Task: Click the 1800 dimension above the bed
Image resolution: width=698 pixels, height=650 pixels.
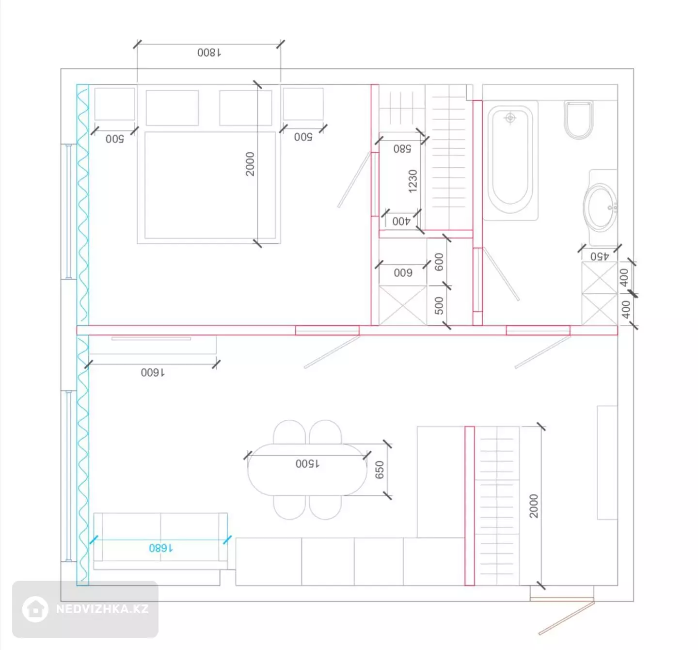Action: [209, 53]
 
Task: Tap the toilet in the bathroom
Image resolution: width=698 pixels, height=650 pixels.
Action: [578, 120]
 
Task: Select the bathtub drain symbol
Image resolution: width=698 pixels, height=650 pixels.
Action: [510, 118]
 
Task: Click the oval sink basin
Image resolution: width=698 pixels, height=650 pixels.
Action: [600, 207]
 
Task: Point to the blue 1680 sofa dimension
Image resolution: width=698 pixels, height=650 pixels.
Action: [160, 548]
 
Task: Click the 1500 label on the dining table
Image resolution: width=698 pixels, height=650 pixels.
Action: [307, 463]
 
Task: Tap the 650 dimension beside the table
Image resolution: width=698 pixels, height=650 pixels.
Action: [380, 470]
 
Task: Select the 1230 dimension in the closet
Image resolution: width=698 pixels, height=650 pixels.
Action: [412, 181]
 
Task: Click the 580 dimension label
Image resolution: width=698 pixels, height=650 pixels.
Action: [402, 149]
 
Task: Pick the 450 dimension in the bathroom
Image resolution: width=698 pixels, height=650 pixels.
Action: [599, 256]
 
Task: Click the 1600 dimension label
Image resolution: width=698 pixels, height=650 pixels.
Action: [153, 372]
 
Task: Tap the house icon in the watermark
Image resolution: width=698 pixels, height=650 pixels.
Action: [35, 609]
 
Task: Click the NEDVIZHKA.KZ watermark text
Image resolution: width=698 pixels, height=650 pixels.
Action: [102, 609]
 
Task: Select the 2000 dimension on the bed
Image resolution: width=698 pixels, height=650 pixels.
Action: [250, 164]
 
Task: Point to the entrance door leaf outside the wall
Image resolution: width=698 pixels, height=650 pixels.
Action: [567, 618]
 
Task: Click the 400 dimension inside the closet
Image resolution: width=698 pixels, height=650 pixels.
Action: [401, 221]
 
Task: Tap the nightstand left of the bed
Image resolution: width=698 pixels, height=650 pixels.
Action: [114, 104]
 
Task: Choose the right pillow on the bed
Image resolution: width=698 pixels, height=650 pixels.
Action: [246, 108]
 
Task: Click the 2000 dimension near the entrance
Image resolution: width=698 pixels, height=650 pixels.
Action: [534, 506]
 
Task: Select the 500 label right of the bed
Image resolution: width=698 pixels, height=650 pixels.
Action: [303, 137]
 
